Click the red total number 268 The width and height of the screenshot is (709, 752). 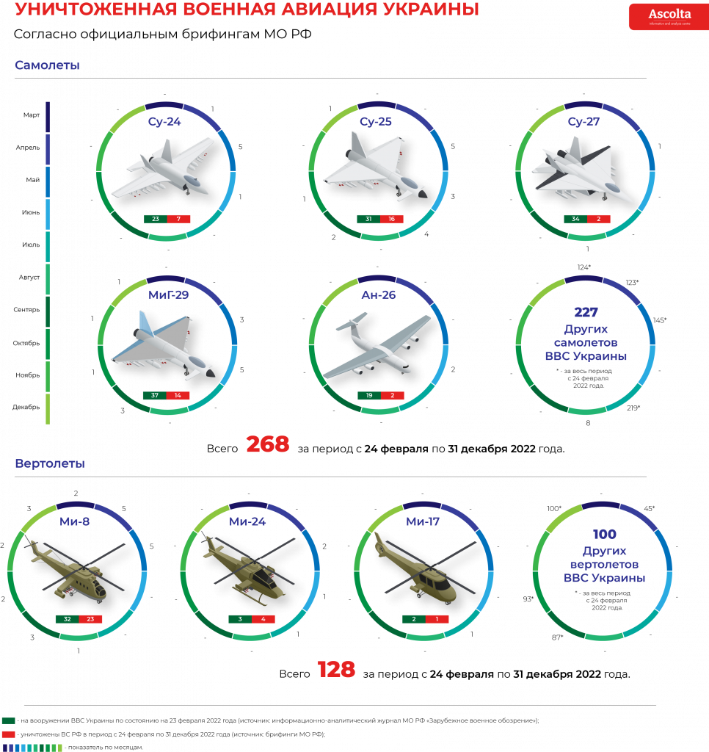click(x=268, y=444)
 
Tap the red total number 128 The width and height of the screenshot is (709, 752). click(x=336, y=670)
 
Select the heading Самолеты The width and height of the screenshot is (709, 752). click(x=47, y=65)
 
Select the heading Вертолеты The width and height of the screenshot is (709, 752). click(x=50, y=464)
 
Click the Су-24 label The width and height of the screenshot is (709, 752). click(x=164, y=122)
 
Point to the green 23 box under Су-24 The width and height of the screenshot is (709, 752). click(x=156, y=220)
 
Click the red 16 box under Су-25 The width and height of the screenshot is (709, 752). click(x=392, y=220)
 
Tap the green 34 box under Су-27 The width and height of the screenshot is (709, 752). click(x=575, y=220)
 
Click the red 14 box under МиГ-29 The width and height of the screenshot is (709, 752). click(x=178, y=396)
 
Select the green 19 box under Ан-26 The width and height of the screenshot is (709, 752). click(x=369, y=396)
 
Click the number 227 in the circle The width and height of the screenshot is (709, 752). click(x=586, y=312)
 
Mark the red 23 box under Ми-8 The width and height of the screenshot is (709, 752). click(x=90, y=619)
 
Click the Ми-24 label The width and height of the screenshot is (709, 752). click(x=247, y=522)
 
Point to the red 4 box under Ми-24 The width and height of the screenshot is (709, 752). click(x=263, y=619)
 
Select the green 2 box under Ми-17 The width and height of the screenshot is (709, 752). click(x=414, y=619)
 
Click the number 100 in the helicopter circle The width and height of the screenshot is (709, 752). click(x=605, y=535)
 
